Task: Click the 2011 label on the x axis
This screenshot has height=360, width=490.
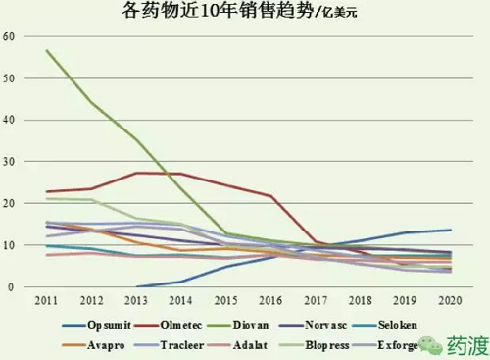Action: (x=44, y=302)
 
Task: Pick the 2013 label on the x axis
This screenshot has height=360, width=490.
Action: (x=135, y=302)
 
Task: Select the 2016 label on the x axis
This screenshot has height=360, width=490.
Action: (x=271, y=302)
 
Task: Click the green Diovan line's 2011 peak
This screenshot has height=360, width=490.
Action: (x=46, y=50)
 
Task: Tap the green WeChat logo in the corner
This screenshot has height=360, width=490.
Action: (x=427, y=344)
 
